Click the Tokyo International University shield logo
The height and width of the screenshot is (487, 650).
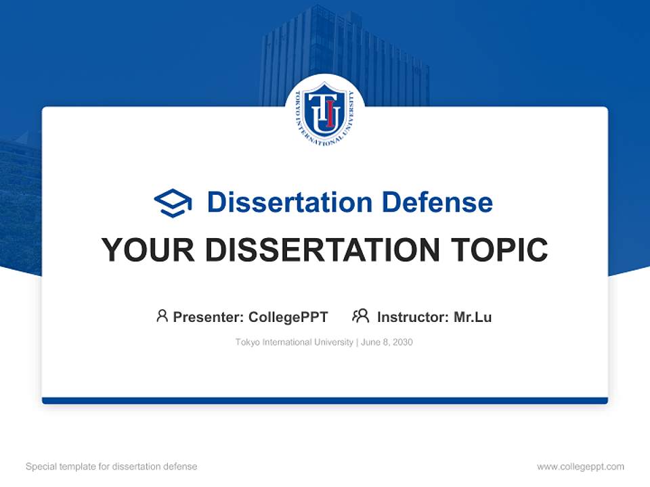(324, 113)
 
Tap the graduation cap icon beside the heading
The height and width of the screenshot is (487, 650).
(173, 203)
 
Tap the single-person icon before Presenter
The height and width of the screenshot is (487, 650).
(162, 316)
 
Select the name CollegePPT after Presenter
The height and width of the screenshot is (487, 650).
(288, 317)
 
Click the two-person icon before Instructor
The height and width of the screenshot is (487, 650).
(361, 316)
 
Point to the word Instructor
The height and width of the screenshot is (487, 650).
(412, 317)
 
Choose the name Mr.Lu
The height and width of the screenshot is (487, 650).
(473, 317)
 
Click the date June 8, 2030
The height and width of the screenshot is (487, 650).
(387, 342)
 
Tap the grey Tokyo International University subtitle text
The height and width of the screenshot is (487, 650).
(294, 342)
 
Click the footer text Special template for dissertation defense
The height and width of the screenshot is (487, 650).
(111, 467)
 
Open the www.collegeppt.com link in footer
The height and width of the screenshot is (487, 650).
(580, 467)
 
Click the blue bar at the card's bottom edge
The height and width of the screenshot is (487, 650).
(325, 400)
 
